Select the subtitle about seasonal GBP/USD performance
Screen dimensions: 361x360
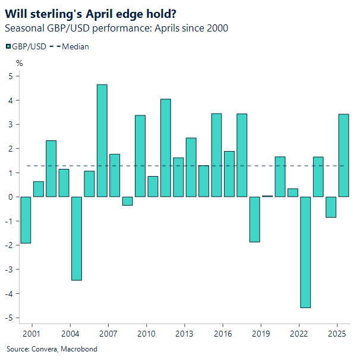(116, 29)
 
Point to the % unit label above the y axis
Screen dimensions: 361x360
(19, 62)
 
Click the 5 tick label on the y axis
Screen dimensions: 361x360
(10, 76)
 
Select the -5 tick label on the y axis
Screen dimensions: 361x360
(9, 318)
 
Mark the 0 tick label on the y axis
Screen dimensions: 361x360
(10, 197)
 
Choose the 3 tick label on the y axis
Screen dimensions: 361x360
(10, 124)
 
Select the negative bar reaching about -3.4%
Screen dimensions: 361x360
(77, 238)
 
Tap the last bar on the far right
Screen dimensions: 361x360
(344, 155)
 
